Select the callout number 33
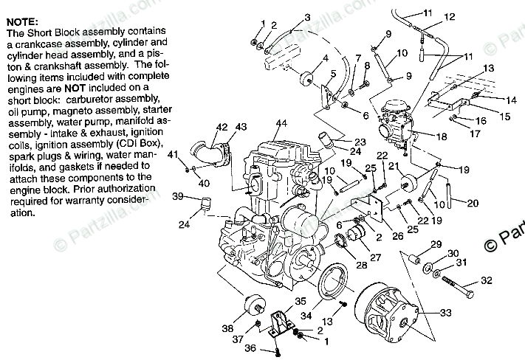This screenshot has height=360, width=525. coord(445,314)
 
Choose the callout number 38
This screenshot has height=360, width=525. coord(226,329)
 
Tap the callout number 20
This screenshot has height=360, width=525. coord(473,202)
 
